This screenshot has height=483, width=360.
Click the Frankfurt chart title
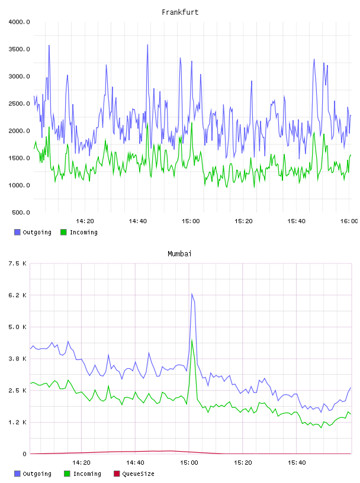point(180,12)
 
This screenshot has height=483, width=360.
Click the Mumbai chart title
point(179,254)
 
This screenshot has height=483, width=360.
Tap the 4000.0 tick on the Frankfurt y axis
point(19,22)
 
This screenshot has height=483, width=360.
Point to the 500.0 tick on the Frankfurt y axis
point(21,212)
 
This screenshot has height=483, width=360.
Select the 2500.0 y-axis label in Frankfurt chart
point(19,104)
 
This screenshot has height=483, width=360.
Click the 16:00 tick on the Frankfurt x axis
point(349,221)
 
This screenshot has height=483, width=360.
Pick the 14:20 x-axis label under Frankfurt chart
point(85,221)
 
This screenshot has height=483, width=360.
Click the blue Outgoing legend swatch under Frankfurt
point(17,232)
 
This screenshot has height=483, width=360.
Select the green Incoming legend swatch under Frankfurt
point(63,232)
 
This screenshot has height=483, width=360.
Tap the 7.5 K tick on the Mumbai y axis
point(17,263)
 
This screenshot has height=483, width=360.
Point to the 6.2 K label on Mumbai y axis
point(17,295)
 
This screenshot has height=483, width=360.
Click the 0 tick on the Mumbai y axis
point(25,454)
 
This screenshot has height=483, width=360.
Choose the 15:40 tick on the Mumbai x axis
point(297,463)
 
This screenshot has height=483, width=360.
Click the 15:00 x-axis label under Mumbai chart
point(189,463)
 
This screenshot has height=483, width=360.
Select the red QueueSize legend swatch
point(117,474)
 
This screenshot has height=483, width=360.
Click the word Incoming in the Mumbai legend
point(87,474)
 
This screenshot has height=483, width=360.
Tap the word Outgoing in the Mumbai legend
point(37,474)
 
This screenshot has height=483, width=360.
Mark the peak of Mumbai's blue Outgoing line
point(192,294)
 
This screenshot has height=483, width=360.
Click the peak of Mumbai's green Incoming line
point(192,340)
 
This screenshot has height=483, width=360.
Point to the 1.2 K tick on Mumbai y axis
point(17,422)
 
